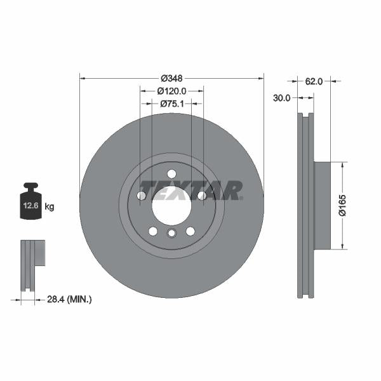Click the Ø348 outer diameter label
(171, 78)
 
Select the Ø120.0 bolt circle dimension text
(171, 91)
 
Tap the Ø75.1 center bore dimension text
(171, 103)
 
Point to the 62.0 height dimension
(314, 81)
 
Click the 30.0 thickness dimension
(282, 98)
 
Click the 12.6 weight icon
(30, 203)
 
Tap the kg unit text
(50, 206)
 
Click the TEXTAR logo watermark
(190, 190)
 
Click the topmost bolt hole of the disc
(171, 174)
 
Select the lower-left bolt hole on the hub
(152, 231)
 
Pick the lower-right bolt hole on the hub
(190, 231)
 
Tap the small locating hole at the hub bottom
(171, 234)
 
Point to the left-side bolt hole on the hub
(142, 196)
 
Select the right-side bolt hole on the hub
(202, 196)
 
